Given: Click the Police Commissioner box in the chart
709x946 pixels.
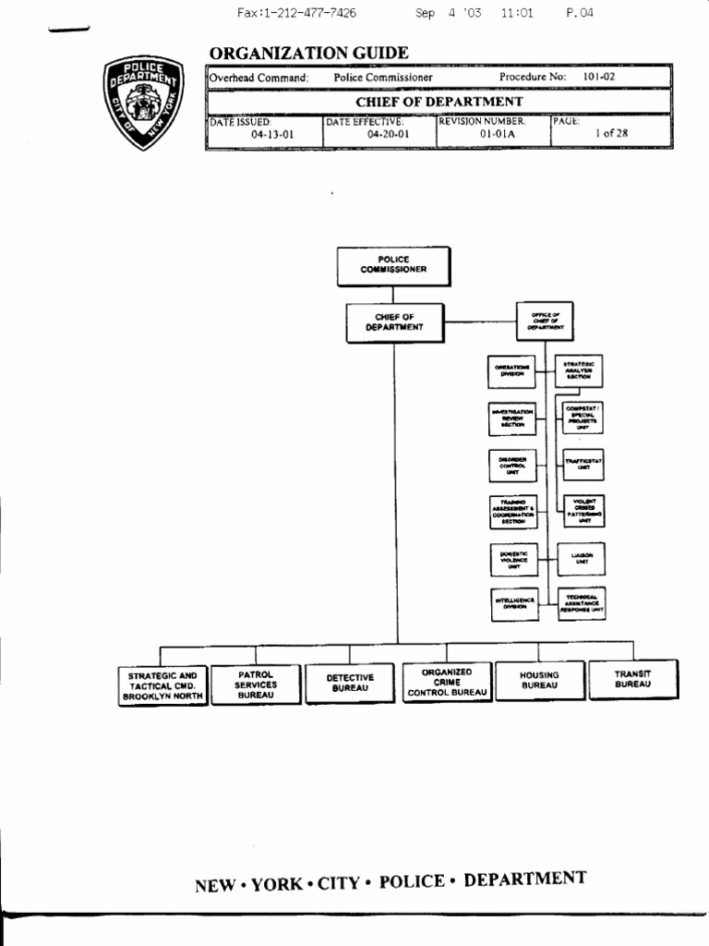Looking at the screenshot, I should (393, 265).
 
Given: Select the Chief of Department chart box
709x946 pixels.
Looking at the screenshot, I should (394, 321).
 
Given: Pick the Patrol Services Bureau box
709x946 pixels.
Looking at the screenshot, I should (256, 685).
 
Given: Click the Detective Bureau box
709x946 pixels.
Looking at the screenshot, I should (350, 683).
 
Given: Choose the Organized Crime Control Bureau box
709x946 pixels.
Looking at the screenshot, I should (446, 683).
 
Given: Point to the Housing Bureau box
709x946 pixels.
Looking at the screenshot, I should (539, 681).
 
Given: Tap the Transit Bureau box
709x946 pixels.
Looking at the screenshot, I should (632, 679).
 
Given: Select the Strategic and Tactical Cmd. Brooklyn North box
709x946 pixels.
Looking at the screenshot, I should (162, 686).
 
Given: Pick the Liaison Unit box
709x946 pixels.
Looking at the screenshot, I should (581, 559).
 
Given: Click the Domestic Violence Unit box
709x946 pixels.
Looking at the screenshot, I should (512, 559).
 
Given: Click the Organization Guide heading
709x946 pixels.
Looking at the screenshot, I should (308, 54).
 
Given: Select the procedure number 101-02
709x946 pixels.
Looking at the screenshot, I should (598, 78).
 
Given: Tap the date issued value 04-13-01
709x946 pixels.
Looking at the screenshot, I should (272, 134).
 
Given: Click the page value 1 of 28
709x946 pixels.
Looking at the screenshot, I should (611, 133).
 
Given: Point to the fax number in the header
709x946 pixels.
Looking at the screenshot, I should (296, 13).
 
